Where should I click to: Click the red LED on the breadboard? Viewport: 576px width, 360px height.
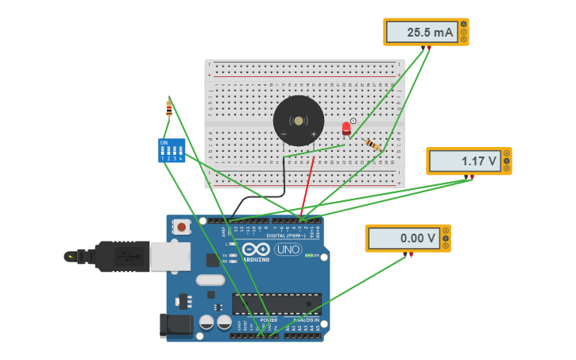tap(346, 128)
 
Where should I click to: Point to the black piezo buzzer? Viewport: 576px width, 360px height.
tap(298, 121)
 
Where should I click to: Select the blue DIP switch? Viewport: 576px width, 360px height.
tap(171, 150)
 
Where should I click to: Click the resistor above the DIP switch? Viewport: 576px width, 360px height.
tap(168, 108)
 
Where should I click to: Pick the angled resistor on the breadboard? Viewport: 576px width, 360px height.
tap(372, 144)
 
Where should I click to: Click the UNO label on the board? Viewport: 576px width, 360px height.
tap(288, 250)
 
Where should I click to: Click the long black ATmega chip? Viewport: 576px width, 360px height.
tap(276, 304)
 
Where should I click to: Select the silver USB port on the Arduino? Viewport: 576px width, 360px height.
tap(170, 256)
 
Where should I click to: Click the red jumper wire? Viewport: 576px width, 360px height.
tap(307, 184)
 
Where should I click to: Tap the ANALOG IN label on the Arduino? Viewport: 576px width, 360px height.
tap(301, 319)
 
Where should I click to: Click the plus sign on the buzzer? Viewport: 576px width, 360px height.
tap(313, 134)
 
